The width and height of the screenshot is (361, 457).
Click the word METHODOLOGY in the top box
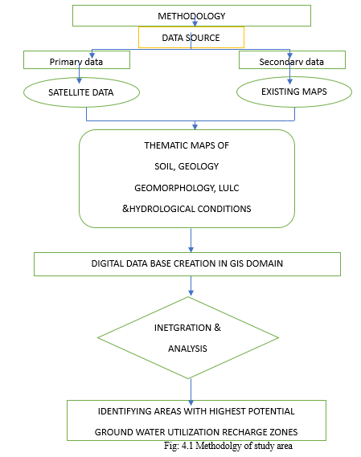(x=191, y=16)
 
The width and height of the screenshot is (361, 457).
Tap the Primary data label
(x=76, y=62)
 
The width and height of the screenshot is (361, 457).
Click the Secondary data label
(x=292, y=62)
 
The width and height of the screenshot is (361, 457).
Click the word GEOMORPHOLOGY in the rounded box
(x=174, y=188)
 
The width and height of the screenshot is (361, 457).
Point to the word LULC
(x=229, y=188)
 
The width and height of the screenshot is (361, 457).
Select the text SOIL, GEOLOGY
(x=187, y=166)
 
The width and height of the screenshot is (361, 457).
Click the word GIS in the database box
(x=236, y=263)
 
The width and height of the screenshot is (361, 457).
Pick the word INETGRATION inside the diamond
(x=183, y=328)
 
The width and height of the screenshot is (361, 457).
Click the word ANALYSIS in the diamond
(x=187, y=349)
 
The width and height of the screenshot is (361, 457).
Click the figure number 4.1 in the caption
(x=187, y=446)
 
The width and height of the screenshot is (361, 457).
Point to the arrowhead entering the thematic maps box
(x=195, y=127)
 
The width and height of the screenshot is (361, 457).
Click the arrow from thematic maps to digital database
(x=191, y=240)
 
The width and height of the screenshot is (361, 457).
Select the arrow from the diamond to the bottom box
(x=191, y=392)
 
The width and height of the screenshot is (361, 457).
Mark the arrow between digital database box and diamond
(x=191, y=286)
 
